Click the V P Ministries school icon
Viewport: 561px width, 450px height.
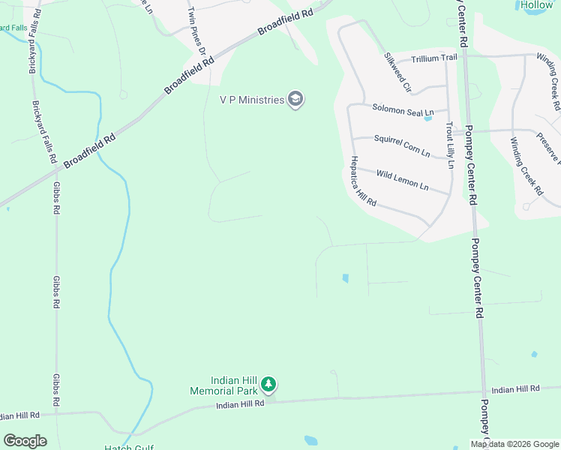(x=295, y=100)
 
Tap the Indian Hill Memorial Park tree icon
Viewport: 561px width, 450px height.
(x=268, y=385)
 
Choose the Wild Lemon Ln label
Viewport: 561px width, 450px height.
(x=402, y=181)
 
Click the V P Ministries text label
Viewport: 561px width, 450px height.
(x=251, y=100)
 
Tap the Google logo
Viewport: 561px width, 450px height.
(x=25, y=441)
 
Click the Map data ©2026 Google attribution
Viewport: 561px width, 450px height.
(x=514, y=443)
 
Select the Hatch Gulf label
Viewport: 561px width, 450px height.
(x=128, y=447)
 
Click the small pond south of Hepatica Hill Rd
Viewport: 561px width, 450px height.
(x=345, y=278)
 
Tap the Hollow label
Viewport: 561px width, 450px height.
(x=536, y=5)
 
